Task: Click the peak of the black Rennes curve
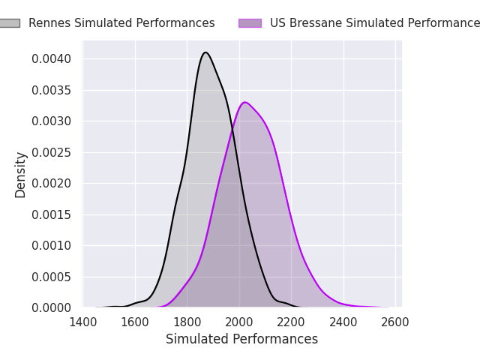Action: (x=205, y=52)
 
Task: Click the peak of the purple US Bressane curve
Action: (x=244, y=102)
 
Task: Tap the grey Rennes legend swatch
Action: (x=9, y=23)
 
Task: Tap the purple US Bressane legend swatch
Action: (x=250, y=23)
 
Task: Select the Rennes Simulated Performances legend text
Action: (x=121, y=23)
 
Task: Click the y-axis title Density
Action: (x=21, y=175)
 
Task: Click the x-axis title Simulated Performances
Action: (x=241, y=340)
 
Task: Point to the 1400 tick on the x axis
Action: (x=83, y=322)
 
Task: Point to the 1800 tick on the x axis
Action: (x=187, y=322)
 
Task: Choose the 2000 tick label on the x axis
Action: (x=239, y=322)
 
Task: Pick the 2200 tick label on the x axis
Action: (x=291, y=322)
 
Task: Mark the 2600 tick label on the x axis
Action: (x=395, y=322)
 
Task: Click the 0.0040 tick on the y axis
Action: (x=52, y=58)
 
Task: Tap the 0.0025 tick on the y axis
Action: (x=52, y=152)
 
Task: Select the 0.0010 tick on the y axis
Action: (x=52, y=245)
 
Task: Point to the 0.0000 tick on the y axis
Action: (x=52, y=307)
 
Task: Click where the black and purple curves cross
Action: (x=232, y=128)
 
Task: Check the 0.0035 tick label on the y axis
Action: (x=52, y=90)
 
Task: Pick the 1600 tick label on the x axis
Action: (x=135, y=322)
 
